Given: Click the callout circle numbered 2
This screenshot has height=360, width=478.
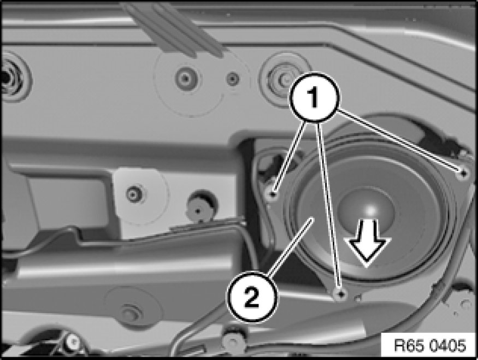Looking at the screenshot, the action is pyautogui.click(x=252, y=297).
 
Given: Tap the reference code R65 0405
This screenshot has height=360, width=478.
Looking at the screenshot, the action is pyautogui.click(x=430, y=346).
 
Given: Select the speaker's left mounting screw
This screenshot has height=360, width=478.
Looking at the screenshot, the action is pyautogui.click(x=273, y=193).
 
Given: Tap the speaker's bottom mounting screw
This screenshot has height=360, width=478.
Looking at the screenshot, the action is pyautogui.click(x=341, y=294).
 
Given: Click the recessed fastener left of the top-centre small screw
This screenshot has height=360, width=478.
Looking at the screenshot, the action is pyautogui.click(x=186, y=78).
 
